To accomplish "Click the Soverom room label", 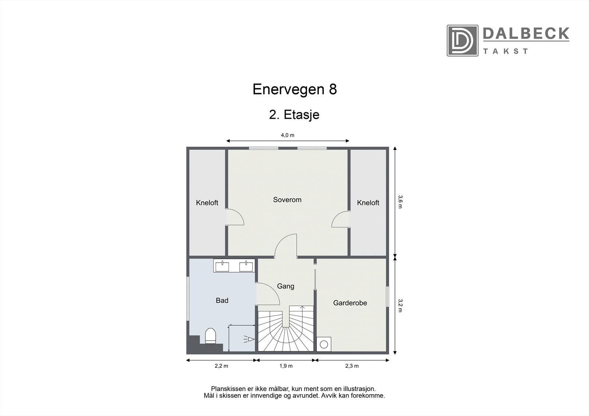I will pos(287,200).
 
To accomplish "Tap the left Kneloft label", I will pos(207,203).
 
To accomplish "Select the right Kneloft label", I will pos(368,203).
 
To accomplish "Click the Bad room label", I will pos(222,301).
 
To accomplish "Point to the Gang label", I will pos(285,286).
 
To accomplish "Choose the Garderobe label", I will pos(350,303).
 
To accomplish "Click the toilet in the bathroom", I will pos(210,336).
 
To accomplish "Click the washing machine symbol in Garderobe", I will pos(324,344).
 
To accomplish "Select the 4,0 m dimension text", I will pos(288,135).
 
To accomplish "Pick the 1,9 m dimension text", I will pos(286,366).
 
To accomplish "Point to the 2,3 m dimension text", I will pos(352,366).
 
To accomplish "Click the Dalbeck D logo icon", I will pos(462,40).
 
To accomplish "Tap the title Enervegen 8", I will pos(294,89).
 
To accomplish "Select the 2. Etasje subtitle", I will pos(294,115).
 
